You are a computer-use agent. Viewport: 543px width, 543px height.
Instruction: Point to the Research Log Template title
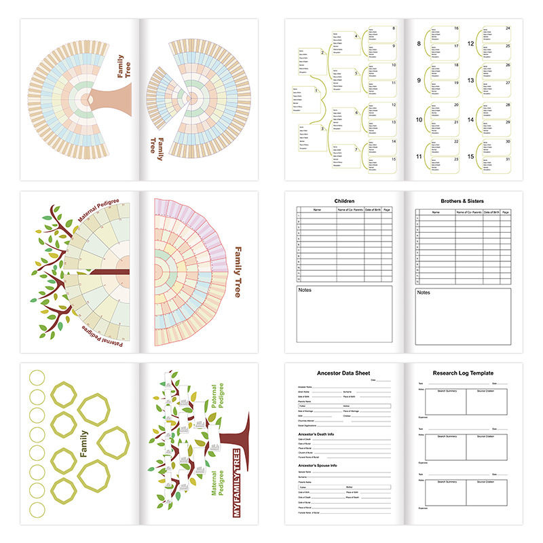click(464, 373)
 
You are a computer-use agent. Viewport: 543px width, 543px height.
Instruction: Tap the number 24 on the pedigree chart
click(508, 29)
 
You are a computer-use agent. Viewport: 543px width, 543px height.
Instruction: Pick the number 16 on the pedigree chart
click(456, 29)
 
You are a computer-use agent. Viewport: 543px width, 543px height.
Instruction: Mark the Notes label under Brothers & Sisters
click(424, 293)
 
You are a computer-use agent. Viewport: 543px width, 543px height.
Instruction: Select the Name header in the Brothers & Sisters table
click(435, 212)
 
